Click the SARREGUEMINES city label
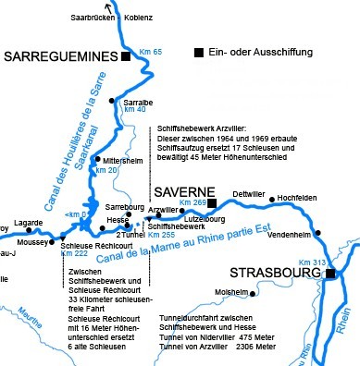pos(60,56)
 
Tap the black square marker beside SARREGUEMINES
pos(126,56)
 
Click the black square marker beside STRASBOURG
pos(329,272)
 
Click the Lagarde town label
pos(30,223)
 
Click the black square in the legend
pos(199,52)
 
